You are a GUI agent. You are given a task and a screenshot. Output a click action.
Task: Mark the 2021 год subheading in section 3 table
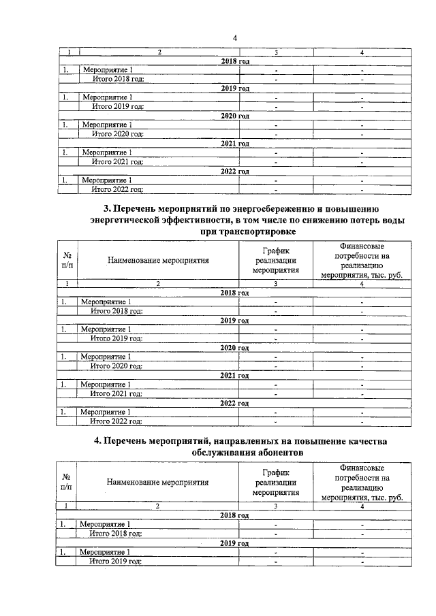[234, 375]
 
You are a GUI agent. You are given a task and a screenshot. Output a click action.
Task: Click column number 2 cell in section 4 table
[157, 506]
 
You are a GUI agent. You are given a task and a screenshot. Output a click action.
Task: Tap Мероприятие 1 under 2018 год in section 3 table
[106, 301]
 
